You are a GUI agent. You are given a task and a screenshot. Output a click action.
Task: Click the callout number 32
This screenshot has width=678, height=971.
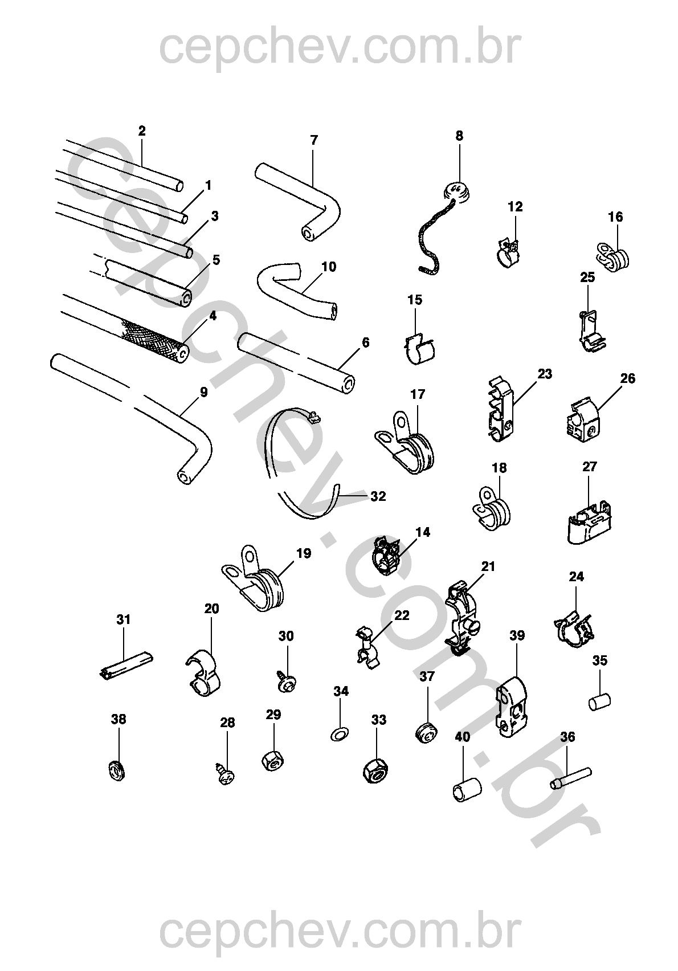[x=378, y=496]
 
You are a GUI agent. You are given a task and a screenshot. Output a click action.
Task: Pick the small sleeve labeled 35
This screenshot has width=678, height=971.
[x=600, y=701]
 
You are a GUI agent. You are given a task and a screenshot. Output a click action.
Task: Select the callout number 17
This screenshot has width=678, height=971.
[x=418, y=394]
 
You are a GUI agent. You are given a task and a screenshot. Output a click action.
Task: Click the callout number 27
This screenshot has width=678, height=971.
[x=590, y=467]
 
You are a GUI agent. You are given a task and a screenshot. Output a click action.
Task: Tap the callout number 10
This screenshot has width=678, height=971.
[x=329, y=267]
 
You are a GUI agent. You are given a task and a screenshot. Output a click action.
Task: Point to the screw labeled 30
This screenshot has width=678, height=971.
[x=286, y=682]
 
